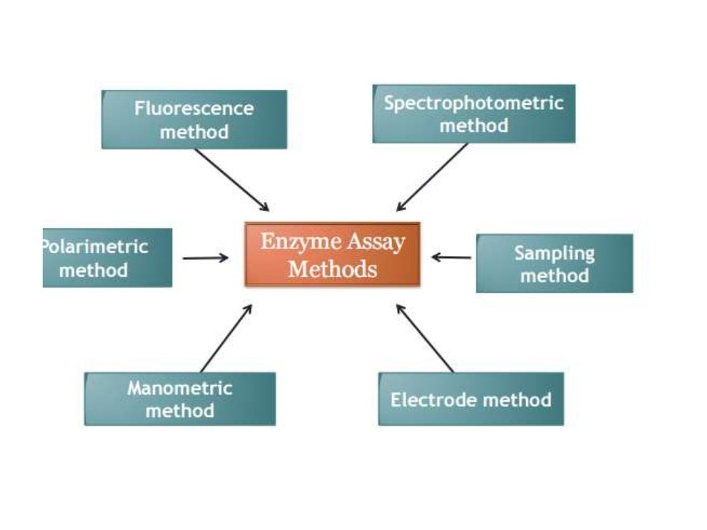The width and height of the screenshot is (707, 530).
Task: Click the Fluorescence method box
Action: pos(194,119)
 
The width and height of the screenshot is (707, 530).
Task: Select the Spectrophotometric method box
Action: pos(474,114)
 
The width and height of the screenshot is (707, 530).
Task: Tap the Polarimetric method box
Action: pos(107,257)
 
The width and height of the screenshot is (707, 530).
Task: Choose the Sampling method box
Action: pos(554,264)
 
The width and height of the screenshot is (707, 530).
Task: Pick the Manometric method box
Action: pos(180,399)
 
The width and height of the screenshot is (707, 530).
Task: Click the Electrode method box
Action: pos(471,399)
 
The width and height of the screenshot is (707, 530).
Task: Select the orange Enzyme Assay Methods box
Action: pos(332,254)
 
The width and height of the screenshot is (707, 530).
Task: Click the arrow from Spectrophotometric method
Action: pos(432,177)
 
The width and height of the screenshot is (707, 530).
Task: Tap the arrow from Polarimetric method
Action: pos(205,258)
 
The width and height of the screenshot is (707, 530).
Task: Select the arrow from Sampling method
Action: pos(452,257)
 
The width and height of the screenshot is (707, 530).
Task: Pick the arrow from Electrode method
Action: pos(425,337)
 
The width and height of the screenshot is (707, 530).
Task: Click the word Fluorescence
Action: pos(194,108)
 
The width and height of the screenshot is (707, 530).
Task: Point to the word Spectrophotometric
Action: pos(474,104)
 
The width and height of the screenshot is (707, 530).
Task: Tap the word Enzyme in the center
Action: pos(291,242)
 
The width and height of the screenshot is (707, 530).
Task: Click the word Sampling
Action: pos(554,253)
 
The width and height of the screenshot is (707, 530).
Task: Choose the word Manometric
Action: pos(180,388)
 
